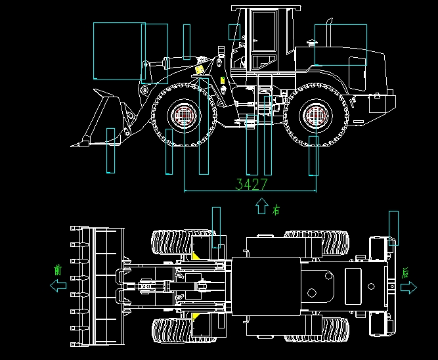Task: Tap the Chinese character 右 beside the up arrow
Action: (x=276, y=210)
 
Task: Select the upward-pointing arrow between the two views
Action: (x=261, y=206)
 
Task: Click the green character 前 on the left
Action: (x=58, y=269)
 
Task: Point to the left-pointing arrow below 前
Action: (x=58, y=286)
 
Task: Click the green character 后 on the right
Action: (x=405, y=272)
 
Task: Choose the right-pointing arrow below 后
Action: (x=408, y=288)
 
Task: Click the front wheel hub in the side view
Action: (x=184, y=116)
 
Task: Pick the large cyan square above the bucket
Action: (x=119, y=51)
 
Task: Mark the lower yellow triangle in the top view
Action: (x=196, y=317)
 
